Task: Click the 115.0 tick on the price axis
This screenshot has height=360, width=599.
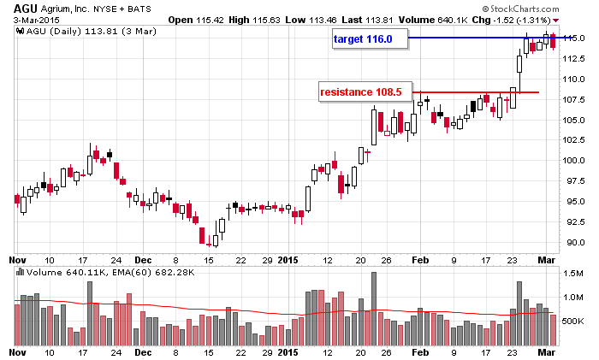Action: tap(574, 38)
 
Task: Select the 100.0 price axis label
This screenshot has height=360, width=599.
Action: tap(574, 161)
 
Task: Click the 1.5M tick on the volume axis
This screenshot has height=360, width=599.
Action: tap(574, 272)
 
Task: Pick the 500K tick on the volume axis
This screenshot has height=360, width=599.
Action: tap(575, 321)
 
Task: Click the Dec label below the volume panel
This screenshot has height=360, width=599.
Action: tap(143, 351)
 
